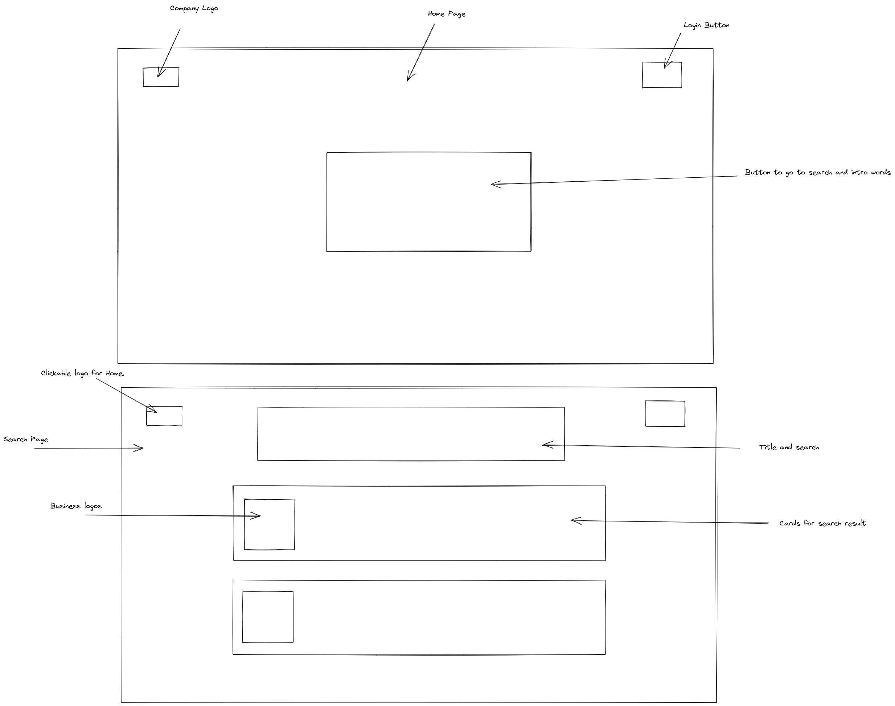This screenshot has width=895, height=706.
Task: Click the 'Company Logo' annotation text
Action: pos(194,8)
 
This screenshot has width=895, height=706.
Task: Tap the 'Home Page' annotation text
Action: pos(447,14)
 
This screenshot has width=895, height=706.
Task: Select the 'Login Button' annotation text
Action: pos(706,25)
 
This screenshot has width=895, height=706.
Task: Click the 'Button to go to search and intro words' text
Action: pos(818,172)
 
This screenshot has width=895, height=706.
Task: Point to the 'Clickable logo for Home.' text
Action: pos(83,373)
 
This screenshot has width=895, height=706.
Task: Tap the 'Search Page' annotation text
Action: pos(26,439)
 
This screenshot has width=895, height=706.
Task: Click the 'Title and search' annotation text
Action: pos(788,447)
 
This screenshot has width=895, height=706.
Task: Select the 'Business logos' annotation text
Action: pos(76,506)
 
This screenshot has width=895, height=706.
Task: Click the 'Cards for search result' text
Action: pos(822,523)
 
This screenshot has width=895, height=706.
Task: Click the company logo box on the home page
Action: pos(161,77)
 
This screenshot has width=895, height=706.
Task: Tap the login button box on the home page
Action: pos(662,75)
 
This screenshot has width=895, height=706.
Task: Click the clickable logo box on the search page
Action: pos(164,416)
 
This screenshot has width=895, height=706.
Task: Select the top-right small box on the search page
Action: pos(665,413)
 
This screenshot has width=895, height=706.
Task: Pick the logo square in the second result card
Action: pos(268,617)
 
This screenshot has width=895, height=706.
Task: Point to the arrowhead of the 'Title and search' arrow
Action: pos(543,445)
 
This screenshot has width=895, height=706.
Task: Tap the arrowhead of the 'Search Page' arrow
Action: pos(143,448)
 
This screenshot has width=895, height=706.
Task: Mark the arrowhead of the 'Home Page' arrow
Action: pos(408,80)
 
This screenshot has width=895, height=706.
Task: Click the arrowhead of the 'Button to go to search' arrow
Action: pos(491,184)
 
